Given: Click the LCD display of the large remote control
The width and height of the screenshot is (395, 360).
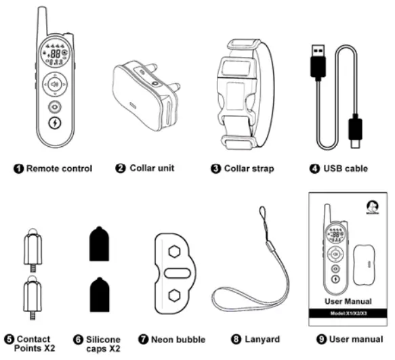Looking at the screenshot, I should click(54, 58).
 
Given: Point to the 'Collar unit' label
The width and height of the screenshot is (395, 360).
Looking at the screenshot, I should click(150, 168).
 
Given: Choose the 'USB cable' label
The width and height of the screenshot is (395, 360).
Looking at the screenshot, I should click(346, 168).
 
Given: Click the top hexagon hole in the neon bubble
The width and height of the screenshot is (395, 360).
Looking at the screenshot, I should click(175, 250).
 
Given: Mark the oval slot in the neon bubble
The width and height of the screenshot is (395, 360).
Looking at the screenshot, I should click(175, 272).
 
